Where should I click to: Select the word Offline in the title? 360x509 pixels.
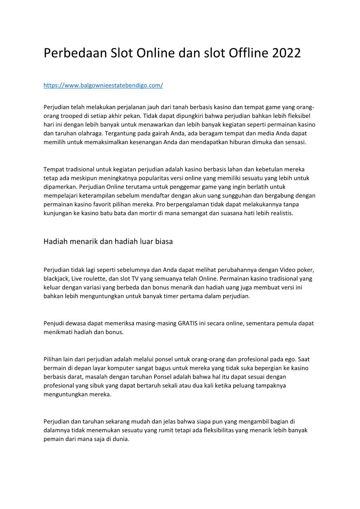pos(244,53)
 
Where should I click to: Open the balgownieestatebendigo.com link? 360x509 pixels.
pos(103,85)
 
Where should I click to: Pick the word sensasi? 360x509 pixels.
pos(295,142)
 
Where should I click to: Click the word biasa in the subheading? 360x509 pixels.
pos(162,242)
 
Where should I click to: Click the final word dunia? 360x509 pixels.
pos(122,439)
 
